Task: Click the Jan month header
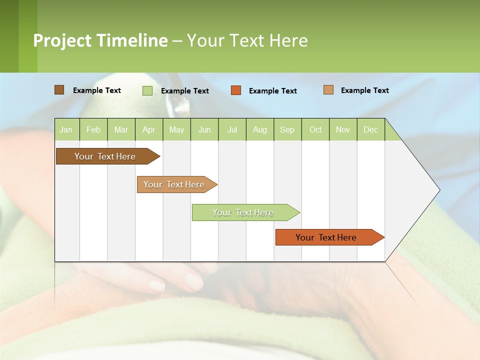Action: tap(66, 129)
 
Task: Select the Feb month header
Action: tap(93, 129)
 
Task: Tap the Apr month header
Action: tap(148, 129)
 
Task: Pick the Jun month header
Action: tap(204, 129)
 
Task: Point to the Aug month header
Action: tap(260, 129)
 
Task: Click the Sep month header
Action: tap(287, 129)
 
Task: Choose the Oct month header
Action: tap(315, 129)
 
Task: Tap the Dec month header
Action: tap(370, 129)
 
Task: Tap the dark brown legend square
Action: tap(59, 90)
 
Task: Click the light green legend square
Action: tap(147, 90)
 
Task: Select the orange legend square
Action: tap(236, 90)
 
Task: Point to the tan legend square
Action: tap(328, 90)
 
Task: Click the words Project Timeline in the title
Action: tap(100, 40)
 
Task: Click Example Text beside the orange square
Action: tap(273, 91)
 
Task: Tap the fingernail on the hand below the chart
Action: tap(156, 285)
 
